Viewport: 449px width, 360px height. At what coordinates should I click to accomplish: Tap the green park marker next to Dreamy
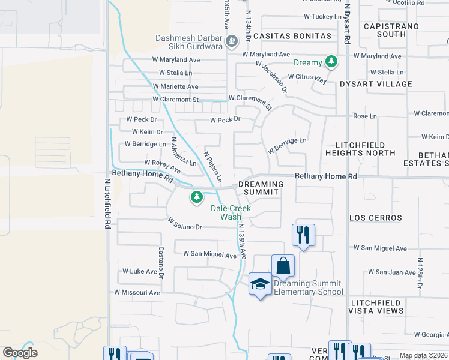pyautogui.click(x=330, y=62)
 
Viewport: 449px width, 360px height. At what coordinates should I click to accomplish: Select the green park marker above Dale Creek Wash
pyautogui.click(x=196, y=197)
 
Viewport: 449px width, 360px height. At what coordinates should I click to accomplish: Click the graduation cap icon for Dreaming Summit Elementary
pyautogui.click(x=260, y=284)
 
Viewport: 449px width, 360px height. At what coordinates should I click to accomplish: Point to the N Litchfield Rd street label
pyautogui.click(x=107, y=203)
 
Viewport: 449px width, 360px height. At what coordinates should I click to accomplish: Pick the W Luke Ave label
pyautogui.click(x=139, y=271)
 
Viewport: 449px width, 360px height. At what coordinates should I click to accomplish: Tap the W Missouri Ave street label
pyautogui.click(x=137, y=292)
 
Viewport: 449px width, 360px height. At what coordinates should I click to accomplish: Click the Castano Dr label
pyautogui.click(x=161, y=262)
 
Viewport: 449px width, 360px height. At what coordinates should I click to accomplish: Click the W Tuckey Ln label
pyautogui.click(x=322, y=16)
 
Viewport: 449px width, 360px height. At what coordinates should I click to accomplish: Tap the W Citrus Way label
pyautogui.click(x=307, y=77)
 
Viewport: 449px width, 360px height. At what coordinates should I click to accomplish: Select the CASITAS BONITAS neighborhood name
pyautogui.click(x=292, y=36)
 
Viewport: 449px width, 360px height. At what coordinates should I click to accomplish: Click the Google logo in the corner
pyautogui.click(x=20, y=353)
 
